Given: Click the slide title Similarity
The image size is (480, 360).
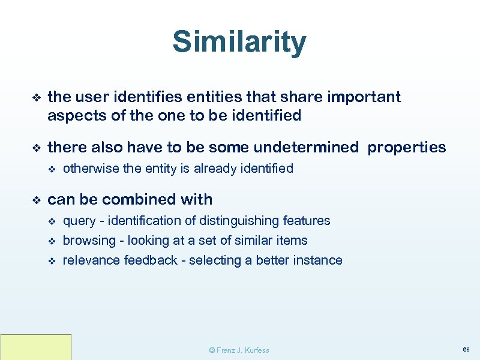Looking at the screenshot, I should [239, 42].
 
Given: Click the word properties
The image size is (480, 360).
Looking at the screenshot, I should [407, 147].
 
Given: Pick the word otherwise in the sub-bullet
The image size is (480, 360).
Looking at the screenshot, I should [91, 169].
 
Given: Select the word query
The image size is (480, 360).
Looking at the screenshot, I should [79, 221].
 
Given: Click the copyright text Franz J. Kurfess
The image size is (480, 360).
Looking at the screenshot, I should [239, 350].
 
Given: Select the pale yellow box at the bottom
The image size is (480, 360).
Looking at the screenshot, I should [36, 347].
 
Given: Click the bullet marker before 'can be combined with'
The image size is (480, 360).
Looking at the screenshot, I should [35, 200].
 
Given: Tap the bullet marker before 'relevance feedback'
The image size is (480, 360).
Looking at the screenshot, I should [51, 261].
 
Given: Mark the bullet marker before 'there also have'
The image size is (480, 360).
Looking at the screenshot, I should [35, 148].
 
